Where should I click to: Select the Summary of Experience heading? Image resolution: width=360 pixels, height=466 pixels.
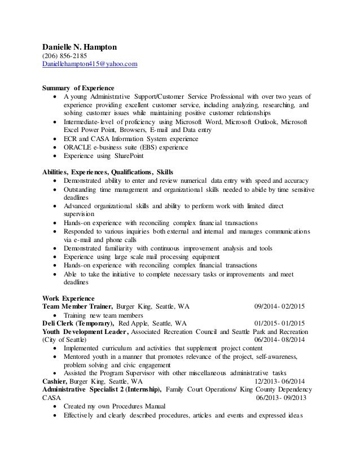pos(78,88)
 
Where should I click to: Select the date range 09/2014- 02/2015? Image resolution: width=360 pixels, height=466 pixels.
pos(279,306)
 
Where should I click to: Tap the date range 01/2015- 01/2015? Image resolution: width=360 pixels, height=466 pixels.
pos(279,324)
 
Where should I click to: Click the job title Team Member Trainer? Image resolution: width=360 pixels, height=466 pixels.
pos(77,306)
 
